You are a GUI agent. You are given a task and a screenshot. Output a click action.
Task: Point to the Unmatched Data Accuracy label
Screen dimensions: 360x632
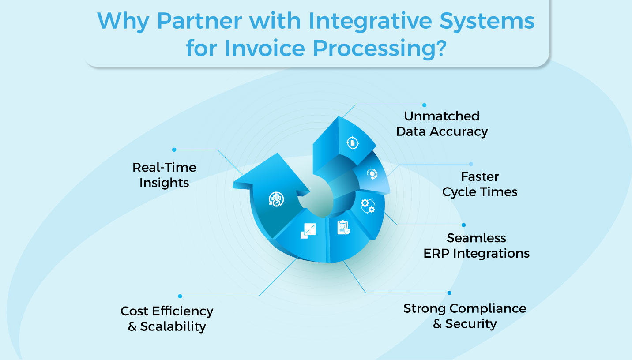click(x=442, y=124)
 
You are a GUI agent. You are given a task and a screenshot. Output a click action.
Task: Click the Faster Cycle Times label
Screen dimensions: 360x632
click(x=480, y=184)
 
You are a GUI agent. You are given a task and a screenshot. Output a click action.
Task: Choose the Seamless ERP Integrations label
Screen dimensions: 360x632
click(x=476, y=246)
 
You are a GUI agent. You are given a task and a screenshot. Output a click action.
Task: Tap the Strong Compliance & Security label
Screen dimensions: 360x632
click(x=465, y=316)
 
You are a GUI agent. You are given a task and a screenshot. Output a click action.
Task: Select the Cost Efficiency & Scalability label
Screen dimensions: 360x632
click(x=167, y=319)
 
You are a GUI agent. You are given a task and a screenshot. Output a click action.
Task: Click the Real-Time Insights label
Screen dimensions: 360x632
click(x=164, y=175)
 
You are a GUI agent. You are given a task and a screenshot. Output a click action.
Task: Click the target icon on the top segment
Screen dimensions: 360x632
click(x=352, y=142)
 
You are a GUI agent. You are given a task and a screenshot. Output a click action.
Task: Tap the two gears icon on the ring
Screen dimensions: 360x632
click(x=368, y=205)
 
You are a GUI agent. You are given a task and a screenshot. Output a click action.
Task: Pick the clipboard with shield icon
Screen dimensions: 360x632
click(x=343, y=228)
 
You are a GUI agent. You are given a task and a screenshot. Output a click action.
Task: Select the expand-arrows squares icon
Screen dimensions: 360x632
click(x=308, y=231)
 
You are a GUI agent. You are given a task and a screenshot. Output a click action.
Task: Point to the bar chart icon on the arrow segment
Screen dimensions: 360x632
click(x=276, y=199)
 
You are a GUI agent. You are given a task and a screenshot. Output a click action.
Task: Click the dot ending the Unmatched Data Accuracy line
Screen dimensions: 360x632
click(x=424, y=105)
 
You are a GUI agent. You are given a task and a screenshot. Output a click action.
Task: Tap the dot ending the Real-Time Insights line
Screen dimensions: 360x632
click(x=174, y=150)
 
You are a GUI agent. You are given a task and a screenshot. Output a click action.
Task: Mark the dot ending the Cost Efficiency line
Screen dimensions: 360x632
click(x=180, y=296)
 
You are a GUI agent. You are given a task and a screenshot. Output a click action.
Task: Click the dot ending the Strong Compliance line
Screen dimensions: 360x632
click(x=449, y=292)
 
